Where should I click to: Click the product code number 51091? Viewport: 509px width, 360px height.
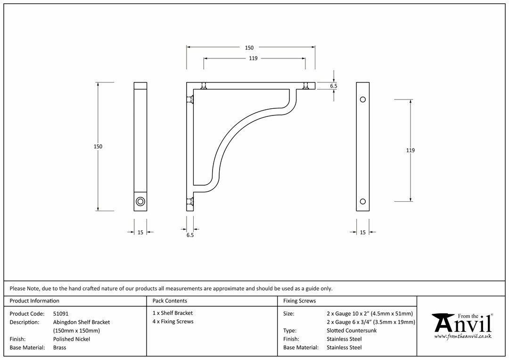[x=61, y=313]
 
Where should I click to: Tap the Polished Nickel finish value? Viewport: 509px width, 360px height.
[x=72, y=339]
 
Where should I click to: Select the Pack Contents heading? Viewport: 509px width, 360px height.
[x=170, y=301]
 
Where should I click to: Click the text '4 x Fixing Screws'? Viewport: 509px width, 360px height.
[x=173, y=321]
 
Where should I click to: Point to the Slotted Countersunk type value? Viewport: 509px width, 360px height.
[x=352, y=330]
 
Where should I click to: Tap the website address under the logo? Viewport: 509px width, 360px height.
[x=463, y=336]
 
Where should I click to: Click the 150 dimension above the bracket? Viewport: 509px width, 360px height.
[x=249, y=48]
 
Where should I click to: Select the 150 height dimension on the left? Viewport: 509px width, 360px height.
[x=98, y=147]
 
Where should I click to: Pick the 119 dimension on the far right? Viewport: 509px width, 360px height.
[x=410, y=150]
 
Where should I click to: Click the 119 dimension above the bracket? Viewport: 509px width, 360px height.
[x=253, y=58]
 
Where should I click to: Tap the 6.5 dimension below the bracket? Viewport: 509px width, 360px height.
[x=190, y=235]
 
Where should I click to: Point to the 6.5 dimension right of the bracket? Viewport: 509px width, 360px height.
[x=334, y=86]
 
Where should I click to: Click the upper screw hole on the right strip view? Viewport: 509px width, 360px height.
[x=363, y=99]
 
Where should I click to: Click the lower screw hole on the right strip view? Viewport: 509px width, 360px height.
[x=363, y=202]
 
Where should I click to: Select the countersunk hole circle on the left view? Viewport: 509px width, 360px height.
[x=140, y=202]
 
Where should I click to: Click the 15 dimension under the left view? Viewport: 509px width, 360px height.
[x=140, y=232]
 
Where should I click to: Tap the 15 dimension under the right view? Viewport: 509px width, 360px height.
[x=362, y=232]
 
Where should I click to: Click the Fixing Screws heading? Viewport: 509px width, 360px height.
[x=299, y=301]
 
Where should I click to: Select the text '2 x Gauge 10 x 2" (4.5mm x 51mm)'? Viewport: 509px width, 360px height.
[x=370, y=313]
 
